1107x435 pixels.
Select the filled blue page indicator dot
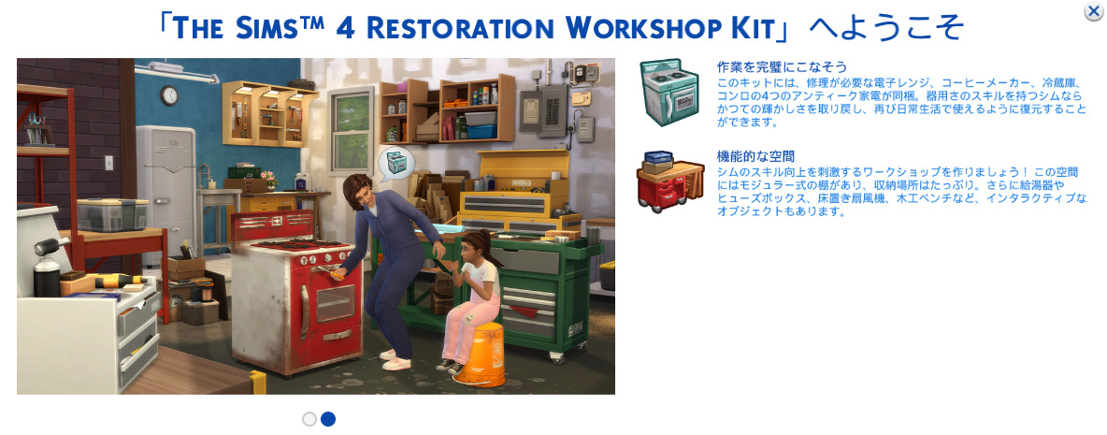[x=327, y=419]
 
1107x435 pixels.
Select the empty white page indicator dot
[x=309, y=419]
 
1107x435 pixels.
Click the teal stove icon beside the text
[x=670, y=93]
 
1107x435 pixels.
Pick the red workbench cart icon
[x=670, y=181]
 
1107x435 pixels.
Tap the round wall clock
[x=168, y=95]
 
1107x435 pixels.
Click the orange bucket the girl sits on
[x=481, y=355]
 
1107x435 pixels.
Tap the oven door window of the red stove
[x=332, y=302]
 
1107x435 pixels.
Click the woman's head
[x=360, y=189]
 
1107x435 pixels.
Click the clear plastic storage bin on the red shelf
[x=112, y=214]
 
